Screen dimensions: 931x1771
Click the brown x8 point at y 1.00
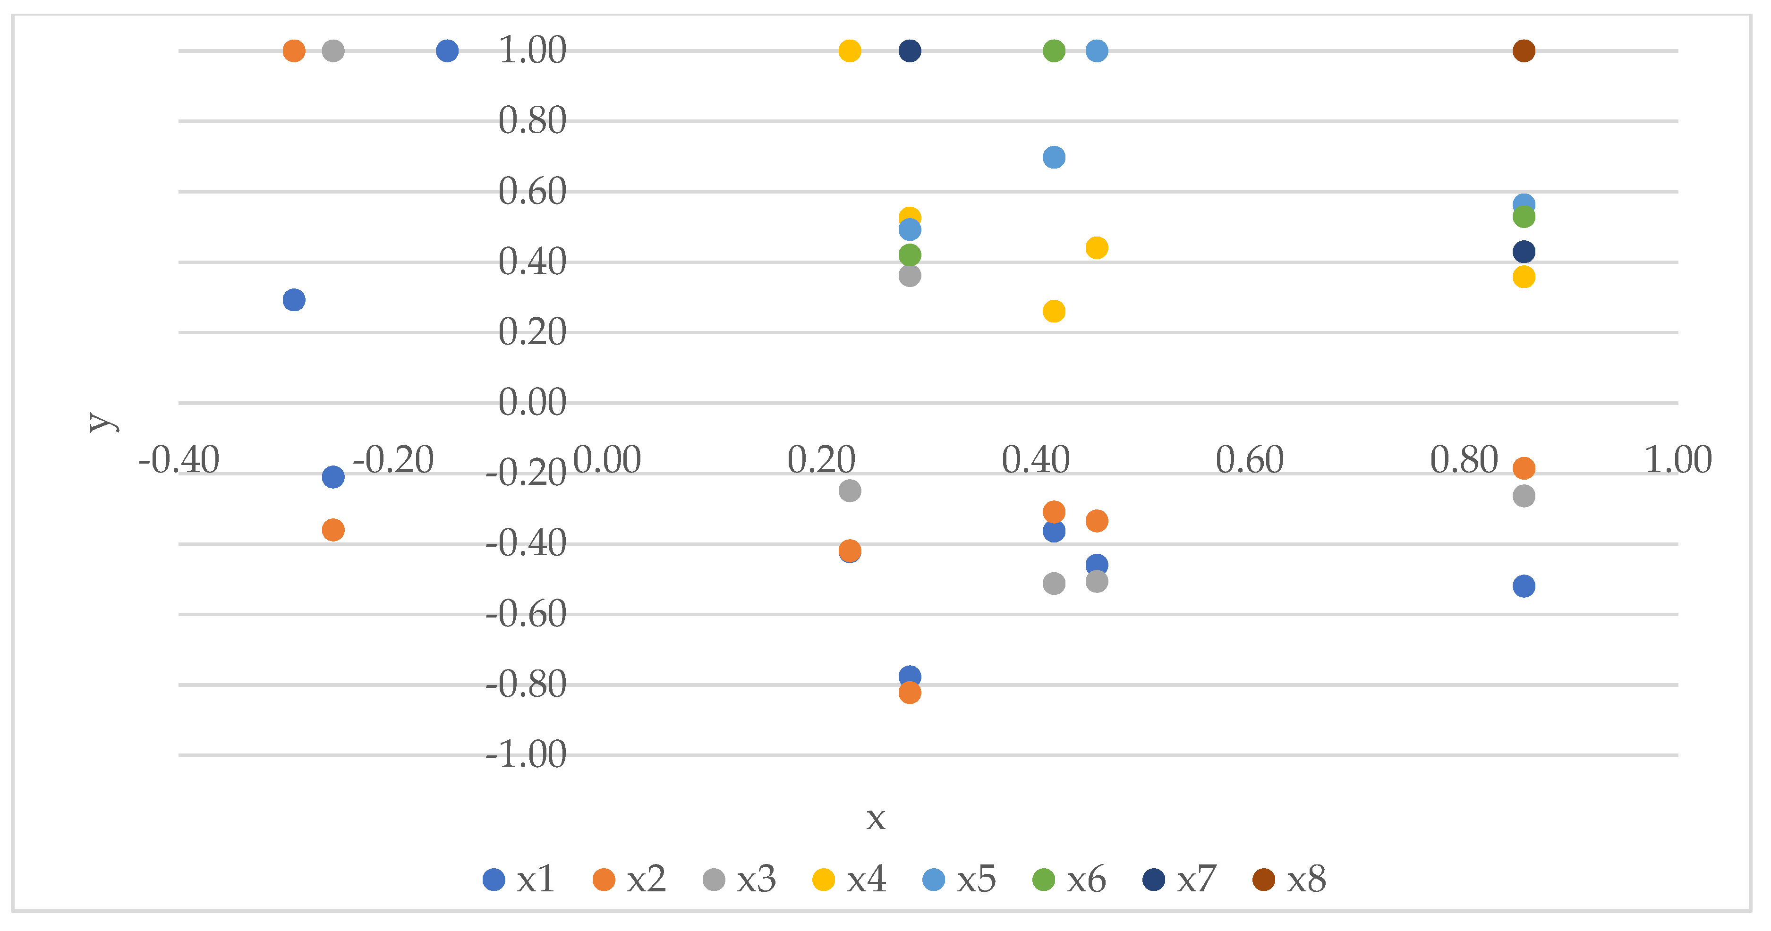(1524, 51)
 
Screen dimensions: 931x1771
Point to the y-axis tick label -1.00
(526, 755)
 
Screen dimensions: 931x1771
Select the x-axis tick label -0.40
(179, 460)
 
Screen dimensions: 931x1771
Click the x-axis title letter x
(875, 818)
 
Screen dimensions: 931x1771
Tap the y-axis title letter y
(102, 421)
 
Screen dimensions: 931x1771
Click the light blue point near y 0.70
(1054, 157)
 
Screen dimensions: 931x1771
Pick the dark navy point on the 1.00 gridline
(910, 51)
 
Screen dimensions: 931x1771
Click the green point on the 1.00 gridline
(1054, 51)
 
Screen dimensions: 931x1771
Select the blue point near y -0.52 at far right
(1524, 586)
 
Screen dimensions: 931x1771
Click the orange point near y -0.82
(910, 693)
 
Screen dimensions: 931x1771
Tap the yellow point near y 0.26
(1054, 311)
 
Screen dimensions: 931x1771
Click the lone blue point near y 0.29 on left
(294, 300)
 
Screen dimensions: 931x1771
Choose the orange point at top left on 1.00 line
(294, 51)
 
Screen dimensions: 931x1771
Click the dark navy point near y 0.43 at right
(1524, 252)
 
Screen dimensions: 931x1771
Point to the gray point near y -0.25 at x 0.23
(850, 491)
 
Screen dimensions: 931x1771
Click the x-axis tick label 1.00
(1677, 460)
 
